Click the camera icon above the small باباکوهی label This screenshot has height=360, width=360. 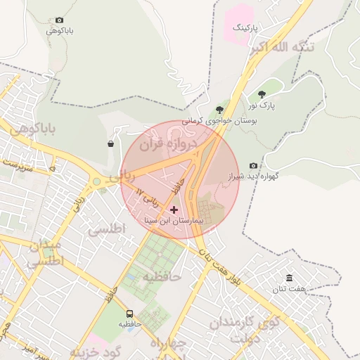pyautogui.click(x=59, y=20)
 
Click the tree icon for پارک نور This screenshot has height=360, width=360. pyautogui.click(x=262, y=94)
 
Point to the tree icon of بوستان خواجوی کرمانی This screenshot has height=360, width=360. pyautogui.click(x=220, y=110)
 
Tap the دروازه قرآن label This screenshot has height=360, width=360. pyautogui.click(x=164, y=146)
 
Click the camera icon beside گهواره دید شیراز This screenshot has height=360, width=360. pyautogui.click(x=253, y=166)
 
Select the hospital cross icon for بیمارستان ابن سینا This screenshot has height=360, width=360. pyautogui.click(x=174, y=210)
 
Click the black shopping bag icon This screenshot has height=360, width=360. pyautogui.click(x=111, y=144)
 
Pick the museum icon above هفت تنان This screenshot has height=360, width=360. pyautogui.click(x=289, y=278)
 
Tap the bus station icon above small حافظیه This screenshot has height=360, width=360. pyautogui.click(x=129, y=314)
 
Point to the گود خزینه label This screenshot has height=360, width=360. pyautogui.click(x=97, y=349)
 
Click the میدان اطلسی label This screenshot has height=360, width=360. pyautogui.click(x=46, y=252)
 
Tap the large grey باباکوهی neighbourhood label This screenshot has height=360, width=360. pyautogui.click(x=29, y=129)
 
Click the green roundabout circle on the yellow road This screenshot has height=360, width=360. pyautogui.click(x=96, y=182)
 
